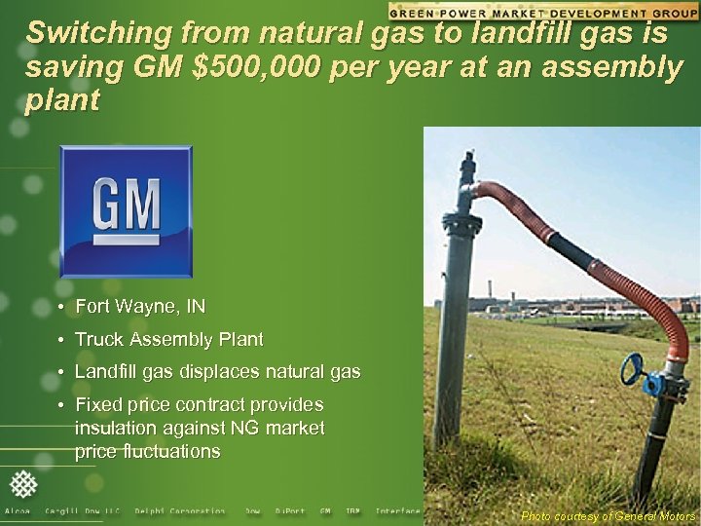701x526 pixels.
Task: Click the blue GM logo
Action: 126,211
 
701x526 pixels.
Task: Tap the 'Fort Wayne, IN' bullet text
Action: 140,307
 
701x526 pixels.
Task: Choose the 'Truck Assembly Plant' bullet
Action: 168,340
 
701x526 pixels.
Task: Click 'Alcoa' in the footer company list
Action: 18,511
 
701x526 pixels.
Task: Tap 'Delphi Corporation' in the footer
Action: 180,511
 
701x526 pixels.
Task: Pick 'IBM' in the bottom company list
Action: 352,511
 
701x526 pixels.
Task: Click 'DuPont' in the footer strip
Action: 289,511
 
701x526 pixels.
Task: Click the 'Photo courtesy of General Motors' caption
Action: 609,516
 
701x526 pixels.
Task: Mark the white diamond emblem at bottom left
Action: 22,484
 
